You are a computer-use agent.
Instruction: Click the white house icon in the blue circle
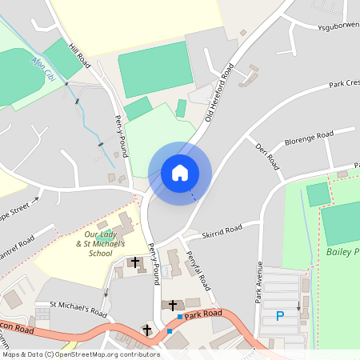pyautogui.click(x=179, y=172)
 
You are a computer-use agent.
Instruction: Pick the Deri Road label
pyautogui.click(x=266, y=157)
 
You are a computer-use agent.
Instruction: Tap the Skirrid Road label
pyautogui.click(x=222, y=229)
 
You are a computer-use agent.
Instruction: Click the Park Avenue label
pyautogui.click(x=259, y=281)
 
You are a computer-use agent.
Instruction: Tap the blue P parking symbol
pyautogui.click(x=280, y=316)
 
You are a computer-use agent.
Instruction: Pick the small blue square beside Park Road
pyautogui.click(x=170, y=331)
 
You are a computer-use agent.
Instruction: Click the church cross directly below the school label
pyautogui.click(x=136, y=262)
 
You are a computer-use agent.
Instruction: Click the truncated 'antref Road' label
pyautogui.click(x=17, y=243)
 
